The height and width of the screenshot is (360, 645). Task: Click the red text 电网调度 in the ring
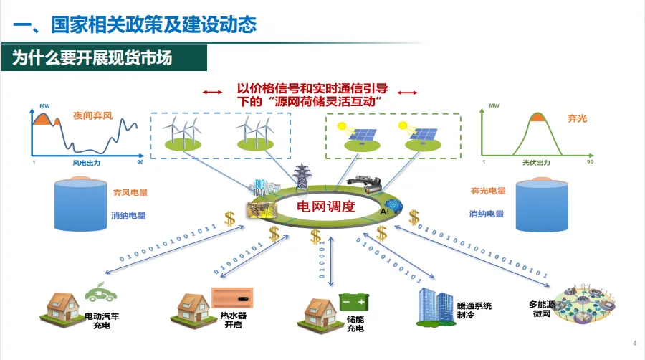pyautogui.click(x=326, y=207)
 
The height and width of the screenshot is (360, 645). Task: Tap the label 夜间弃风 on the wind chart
pyautogui.click(x=93, y=115)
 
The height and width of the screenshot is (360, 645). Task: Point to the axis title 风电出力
pyautogui.click(x=87, y=164)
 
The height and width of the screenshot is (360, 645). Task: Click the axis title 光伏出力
pyautogui.click(x=536, y=164)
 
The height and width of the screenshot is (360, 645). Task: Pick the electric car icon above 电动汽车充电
pyautogui.click(x=100, y=293)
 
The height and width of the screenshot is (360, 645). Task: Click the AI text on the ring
pyautogui.click(x=384, y=212)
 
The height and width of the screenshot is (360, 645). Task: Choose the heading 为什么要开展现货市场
pyautogui.click(x=92, y=58)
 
